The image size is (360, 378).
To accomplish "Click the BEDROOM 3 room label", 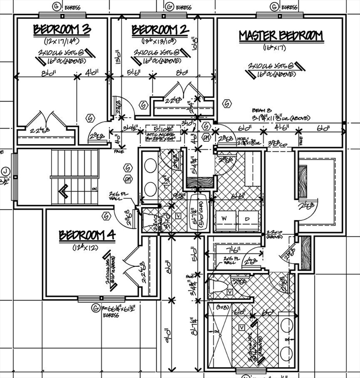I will point(62,30).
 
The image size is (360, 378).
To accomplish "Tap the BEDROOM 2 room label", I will point(160,30).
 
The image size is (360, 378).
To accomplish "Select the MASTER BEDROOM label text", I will point(281,35).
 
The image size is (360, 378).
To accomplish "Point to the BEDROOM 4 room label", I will point(87,235).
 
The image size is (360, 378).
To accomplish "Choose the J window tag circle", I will point(5,172).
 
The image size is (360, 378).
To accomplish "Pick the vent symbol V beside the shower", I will point(241,327).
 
